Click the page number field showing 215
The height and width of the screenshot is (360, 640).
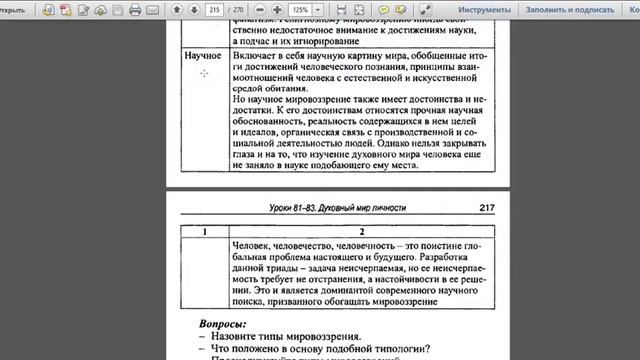point(213,10)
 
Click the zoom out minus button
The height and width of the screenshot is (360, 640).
point(259,10)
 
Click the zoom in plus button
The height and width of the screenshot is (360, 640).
point(277,10)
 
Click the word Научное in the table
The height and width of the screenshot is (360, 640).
point(203,57)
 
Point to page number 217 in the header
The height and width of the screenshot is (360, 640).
point(487,209)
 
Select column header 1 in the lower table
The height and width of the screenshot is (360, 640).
point(202,232)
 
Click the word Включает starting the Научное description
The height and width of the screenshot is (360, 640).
point(254,57)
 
